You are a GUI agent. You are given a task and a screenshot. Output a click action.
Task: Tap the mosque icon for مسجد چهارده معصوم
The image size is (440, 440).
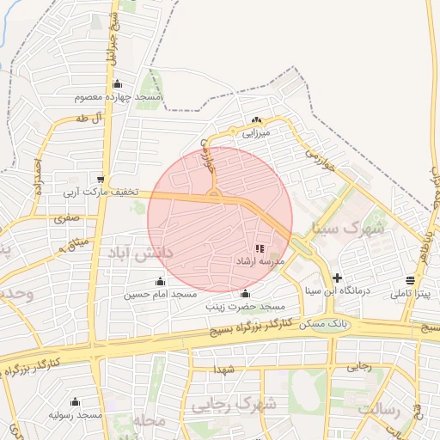click(117, 84)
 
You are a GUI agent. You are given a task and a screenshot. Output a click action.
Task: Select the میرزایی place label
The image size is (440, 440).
click(255, 133)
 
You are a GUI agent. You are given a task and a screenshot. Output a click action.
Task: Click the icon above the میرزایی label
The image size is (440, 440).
click(255, 119)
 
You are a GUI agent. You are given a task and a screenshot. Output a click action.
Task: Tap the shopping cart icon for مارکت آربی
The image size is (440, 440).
click(101, 180)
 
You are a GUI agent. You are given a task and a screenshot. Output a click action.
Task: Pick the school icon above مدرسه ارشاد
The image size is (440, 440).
click(260, 247)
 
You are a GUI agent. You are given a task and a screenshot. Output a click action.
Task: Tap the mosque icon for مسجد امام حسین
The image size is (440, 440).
click(160, 281)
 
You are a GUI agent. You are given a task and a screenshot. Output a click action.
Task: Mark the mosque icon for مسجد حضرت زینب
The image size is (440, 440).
click(245, 293)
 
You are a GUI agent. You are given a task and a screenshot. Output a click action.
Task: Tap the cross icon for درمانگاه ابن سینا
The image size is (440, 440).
click(337, 278)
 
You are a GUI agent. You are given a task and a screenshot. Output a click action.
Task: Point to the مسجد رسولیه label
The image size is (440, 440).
click(76, 415)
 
